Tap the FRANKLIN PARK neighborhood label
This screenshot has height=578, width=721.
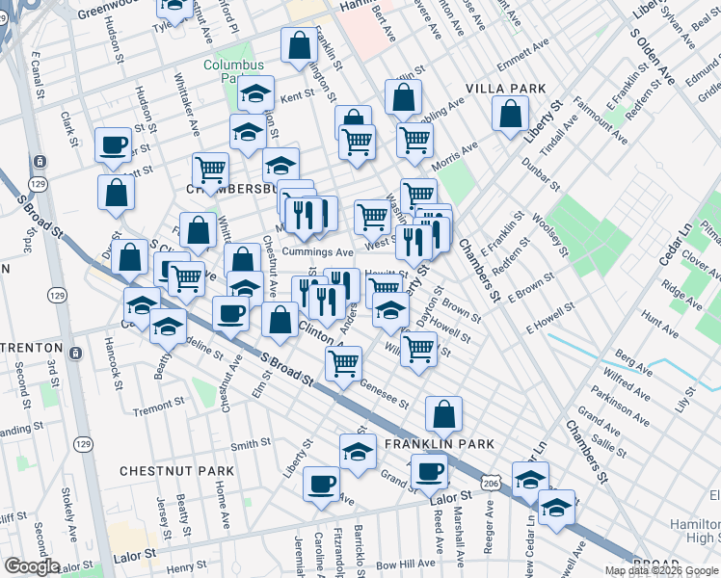point(440,444)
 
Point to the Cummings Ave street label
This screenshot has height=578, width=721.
point(317,251)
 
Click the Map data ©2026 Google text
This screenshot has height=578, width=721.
point(662,570)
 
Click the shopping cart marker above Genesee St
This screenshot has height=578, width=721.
point(343,364)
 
